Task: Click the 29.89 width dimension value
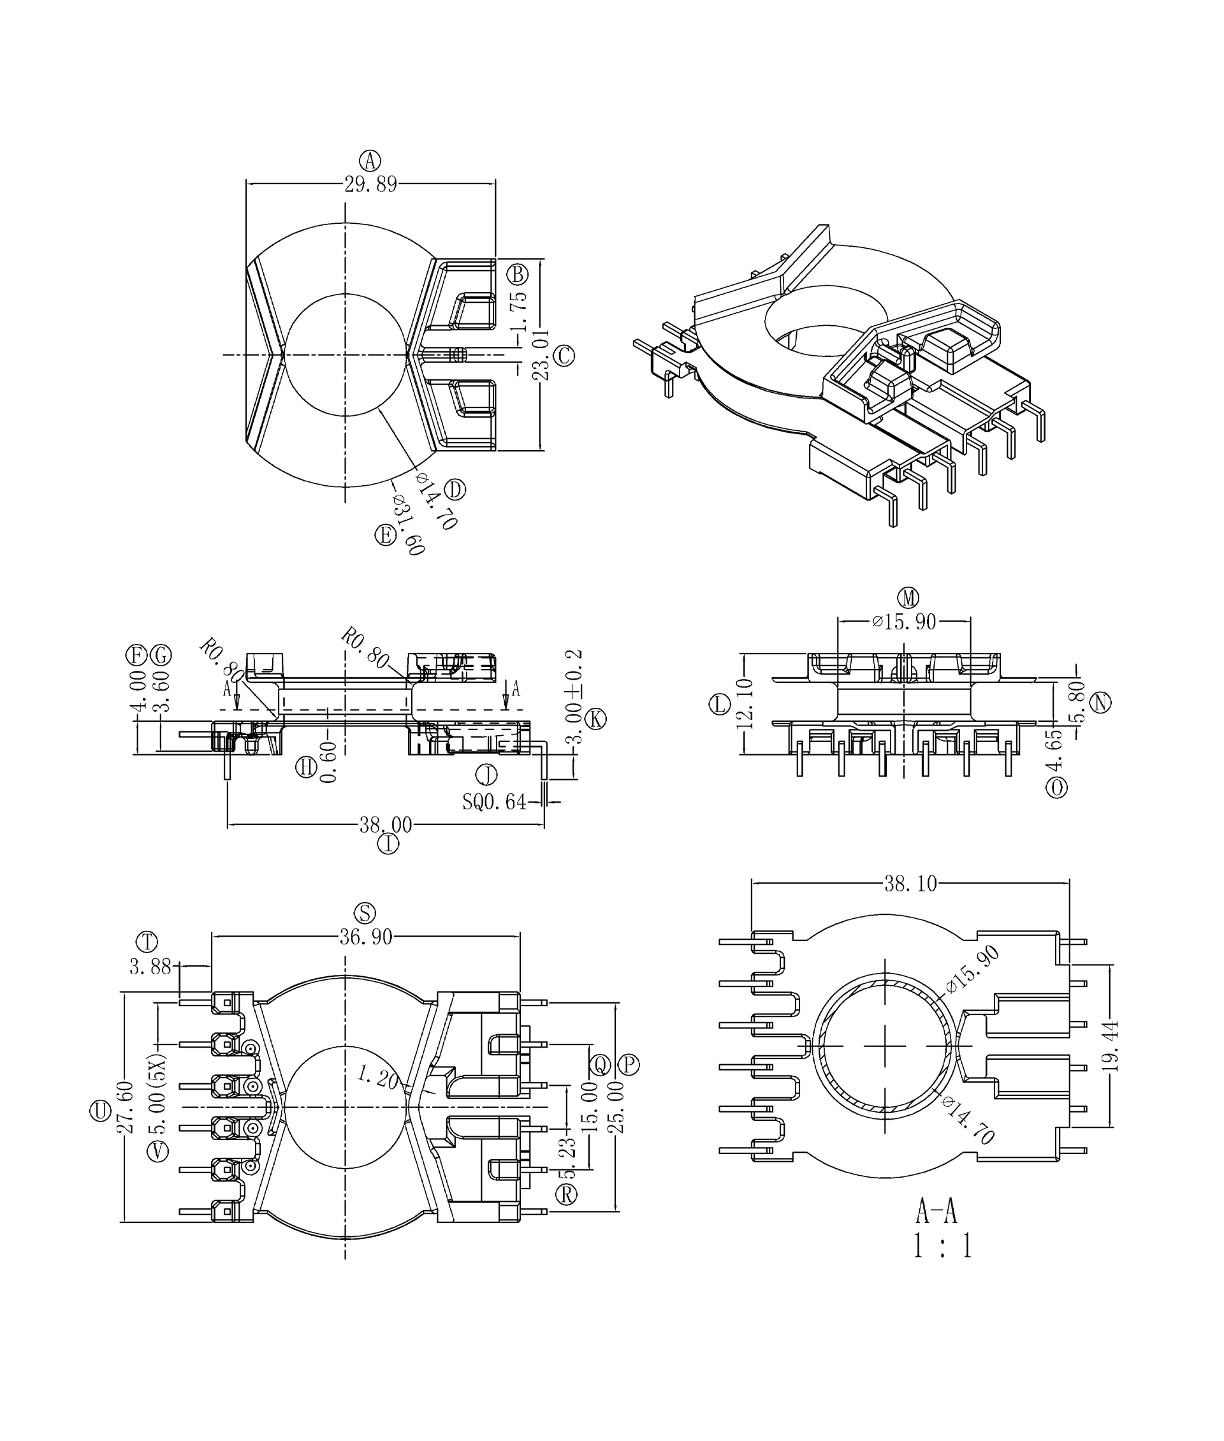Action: tap(370, 185)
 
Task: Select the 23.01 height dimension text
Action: tap(541, 355)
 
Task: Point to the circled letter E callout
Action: tap(385, 534)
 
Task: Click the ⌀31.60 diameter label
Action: tap(408, 525)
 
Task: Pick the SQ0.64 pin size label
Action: tap(495, 801)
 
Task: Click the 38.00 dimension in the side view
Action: tap(385, 824)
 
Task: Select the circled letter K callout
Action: tap(595, 719)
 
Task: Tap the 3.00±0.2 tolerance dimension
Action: tap(574, 697)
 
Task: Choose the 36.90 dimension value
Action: tap(366, 937)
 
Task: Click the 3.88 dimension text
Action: tap(150, 966)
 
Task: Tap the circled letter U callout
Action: tap(100, 1111)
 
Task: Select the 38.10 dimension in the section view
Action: tap(910, 884)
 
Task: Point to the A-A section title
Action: tap(936, 1211)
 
